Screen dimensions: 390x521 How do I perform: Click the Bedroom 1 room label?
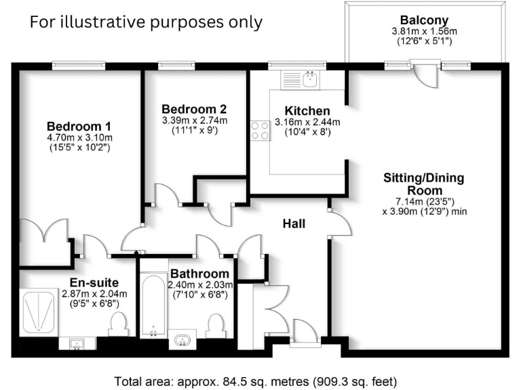pyautogui.click(x=79, y=127)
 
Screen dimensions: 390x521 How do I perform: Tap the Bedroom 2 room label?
pyautogui.click(x=194, y=109)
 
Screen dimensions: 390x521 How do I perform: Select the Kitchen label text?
pyautogui.click(x=307, y=111)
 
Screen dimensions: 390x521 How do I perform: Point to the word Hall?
pyautogui.click(x=294, y=223)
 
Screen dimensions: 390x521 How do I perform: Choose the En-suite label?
pyautogui.click(x=94, y=282)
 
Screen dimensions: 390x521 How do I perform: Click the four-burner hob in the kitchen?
pyautogui.click(x=260, y=129)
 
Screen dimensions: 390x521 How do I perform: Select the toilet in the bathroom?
pyautogui.click(x=216, y=325)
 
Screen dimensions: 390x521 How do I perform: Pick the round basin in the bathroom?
pyautogui.click(x=182, y=339)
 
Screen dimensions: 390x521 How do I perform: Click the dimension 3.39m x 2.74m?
pyautogui.click(x=194, y=121)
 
